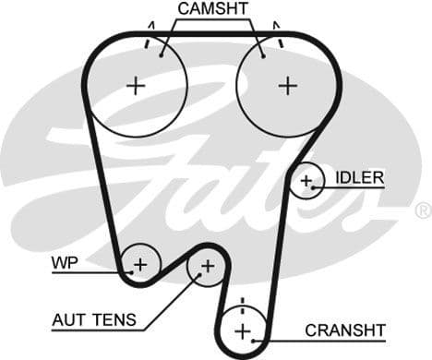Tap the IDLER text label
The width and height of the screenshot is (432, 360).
[359, 177]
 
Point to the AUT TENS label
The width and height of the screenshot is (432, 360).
[93, 320]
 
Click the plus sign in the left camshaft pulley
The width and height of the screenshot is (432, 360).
[137, 86]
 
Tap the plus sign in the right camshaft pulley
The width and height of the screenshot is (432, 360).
[288, 86]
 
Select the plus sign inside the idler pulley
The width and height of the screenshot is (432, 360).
[306, 181]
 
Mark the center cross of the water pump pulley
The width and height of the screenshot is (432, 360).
[139, 266]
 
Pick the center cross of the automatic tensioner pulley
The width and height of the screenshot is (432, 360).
[207, 267]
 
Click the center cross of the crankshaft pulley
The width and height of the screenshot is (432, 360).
[242, 330]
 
